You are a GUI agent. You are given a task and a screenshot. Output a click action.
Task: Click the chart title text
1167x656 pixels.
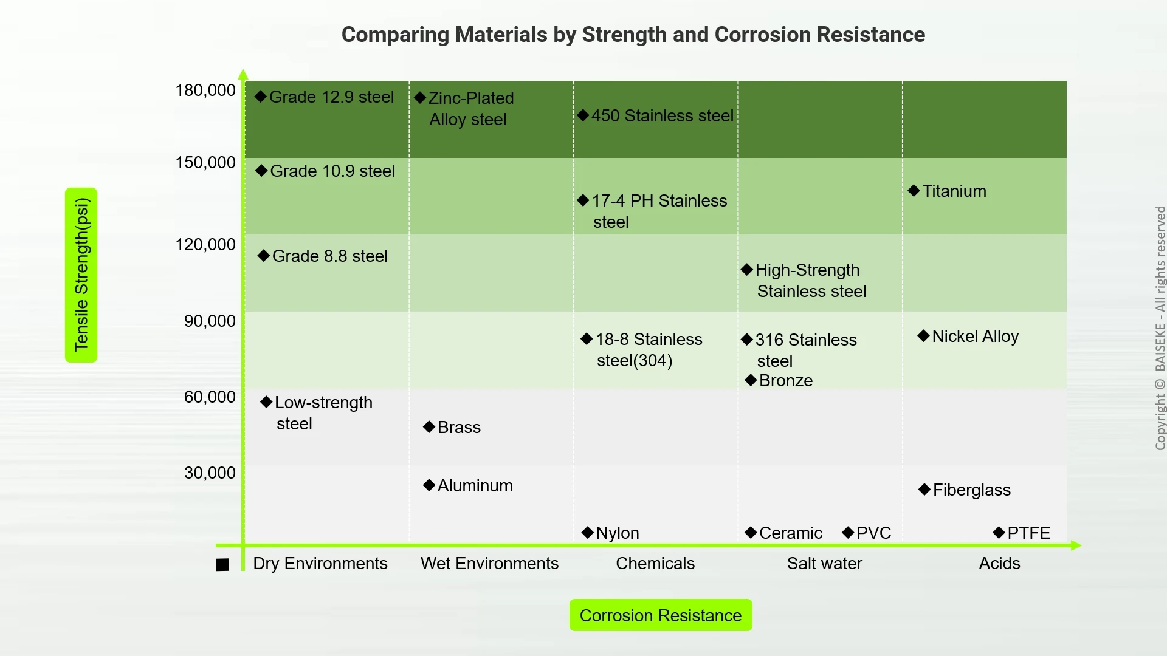pos(633,35)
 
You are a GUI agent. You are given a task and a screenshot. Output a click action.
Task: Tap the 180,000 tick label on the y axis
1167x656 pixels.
pos(205,91)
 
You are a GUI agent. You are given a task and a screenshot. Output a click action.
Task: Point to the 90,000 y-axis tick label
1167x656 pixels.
pos(210,321)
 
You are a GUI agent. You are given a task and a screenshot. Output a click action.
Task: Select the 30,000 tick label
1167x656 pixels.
pos(210,473)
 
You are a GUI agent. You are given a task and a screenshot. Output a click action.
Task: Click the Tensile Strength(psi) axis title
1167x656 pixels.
pos(81,275)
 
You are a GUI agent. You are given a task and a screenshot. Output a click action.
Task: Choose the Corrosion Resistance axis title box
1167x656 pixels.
pos(661,615)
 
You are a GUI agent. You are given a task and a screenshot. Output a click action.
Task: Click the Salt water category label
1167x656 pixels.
pos(824,564)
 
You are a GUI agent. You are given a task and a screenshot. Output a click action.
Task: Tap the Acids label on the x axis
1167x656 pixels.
pos(999,564)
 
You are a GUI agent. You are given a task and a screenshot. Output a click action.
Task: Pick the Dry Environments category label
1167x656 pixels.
pos(320,564)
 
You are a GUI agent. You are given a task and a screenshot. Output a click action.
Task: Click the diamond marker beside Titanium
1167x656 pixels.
pos(914,191)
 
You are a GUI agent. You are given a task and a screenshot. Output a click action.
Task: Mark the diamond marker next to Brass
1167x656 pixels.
pos(429,427)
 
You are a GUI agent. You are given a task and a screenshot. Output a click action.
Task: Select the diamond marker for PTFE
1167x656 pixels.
pos(999,533)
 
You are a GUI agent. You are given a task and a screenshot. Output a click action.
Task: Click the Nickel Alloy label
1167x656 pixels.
pos(975,337)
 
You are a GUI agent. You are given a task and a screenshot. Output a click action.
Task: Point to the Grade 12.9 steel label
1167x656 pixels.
pos(331,97)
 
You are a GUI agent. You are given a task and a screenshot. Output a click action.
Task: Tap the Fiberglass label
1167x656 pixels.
pos(971,490)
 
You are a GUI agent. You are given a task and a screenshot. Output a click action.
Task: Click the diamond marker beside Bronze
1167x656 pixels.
pos(751,380)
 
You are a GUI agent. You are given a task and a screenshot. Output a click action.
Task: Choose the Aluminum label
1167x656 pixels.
pos(475,486)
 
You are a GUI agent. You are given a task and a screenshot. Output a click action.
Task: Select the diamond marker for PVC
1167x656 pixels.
pos(848,533)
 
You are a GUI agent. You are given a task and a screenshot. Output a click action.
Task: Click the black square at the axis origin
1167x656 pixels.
pos(222,565)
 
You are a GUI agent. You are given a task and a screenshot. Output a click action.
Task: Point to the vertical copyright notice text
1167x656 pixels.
pos(1160,328)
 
